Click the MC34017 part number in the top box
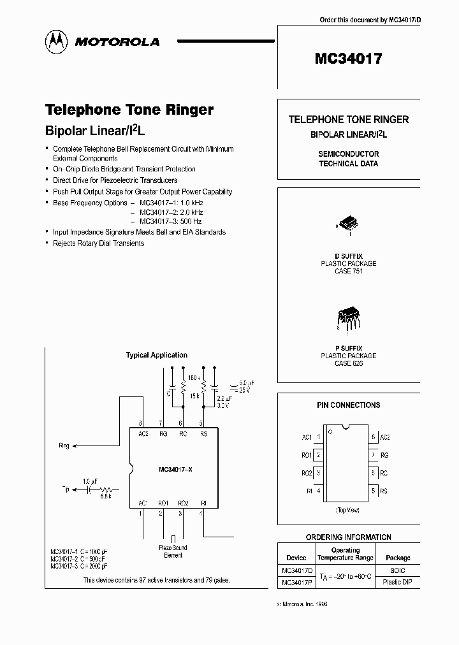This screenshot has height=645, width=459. (x=348, y=59)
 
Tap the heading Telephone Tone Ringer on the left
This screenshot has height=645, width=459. (x=129, y=110)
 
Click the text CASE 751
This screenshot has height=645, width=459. (x=348, y=271)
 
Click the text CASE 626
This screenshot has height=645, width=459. (x=348, y=363)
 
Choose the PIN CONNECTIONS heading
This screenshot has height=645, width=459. (x=348, y=405)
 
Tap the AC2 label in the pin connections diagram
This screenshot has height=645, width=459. (x=384, y=437)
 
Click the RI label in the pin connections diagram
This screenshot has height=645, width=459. (x=309, y=491)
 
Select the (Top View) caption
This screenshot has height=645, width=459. (x=348, y=511)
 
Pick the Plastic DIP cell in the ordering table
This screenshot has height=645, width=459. (x=398, y=583)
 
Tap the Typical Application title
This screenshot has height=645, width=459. (x=157, y=355)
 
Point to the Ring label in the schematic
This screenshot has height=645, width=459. (x=64, y=446)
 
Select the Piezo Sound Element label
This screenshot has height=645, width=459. (x=173, y=551)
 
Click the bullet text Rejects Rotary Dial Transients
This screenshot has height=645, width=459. (x=98, y=243)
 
